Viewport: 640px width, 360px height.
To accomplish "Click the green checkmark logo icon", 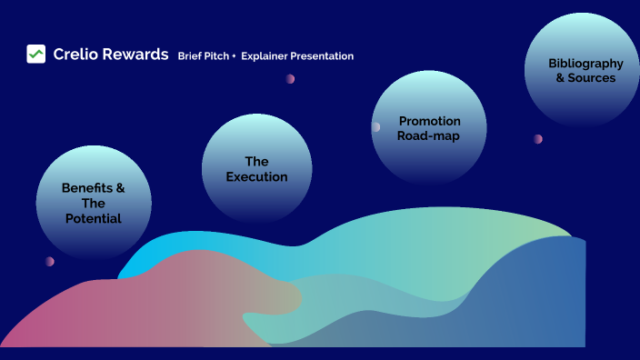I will pos(35,55).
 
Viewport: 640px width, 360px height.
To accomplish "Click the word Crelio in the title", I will pos(75,55).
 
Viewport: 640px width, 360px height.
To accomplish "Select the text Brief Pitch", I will pos(203,56).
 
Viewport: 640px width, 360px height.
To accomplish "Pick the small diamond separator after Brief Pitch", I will pos(234,56).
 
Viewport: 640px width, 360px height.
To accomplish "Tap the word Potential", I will pos(94,219).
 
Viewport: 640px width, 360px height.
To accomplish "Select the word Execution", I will pos(256,177).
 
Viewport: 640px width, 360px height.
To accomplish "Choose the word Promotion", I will pos(429,121).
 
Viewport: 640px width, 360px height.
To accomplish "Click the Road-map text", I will pos(428,136).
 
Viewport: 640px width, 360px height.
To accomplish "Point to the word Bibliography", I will pos(585,64).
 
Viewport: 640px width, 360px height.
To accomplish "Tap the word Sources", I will pos(592,78).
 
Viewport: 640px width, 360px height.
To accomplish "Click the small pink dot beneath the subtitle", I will pos(290,79).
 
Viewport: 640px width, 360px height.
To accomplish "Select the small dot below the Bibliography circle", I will pos(538,139).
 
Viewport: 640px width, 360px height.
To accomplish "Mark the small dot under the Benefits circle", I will pos(49,262).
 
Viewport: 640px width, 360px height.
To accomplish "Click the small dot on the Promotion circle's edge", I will pos(375,127).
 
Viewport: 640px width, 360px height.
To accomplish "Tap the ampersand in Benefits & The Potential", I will pos(119,188).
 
